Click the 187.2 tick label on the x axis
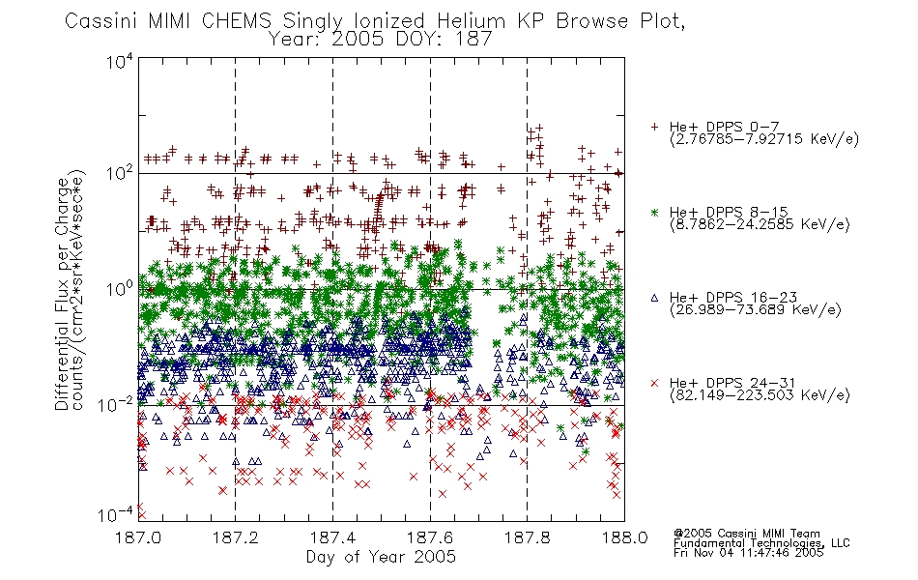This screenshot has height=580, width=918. [x=236, y=537]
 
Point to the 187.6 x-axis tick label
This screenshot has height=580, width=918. [x=430, y=537]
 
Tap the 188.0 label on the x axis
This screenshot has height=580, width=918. [x=624, y=537]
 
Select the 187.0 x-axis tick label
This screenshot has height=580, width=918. [x=138, y=537]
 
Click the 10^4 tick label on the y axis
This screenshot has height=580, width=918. [x=121, y=61]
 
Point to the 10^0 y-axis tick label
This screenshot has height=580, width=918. [x=121, y=288]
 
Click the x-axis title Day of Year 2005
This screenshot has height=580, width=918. [x=381, y=557]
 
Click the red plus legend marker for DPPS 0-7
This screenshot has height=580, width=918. [x=654, y=127]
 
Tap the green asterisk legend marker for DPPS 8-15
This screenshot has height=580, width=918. [x=654, y=212]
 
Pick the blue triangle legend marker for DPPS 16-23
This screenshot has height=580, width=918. [x=654, y=298]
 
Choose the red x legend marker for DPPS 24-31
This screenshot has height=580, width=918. [x=654, y=383]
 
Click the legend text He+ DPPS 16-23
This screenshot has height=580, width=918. [x=733, y=298]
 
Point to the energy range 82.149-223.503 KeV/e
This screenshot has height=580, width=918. [x=760, y=394]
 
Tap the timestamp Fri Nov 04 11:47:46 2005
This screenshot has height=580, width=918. [x=748, y=552]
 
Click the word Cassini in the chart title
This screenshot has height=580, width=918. [x=101, y=21]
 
